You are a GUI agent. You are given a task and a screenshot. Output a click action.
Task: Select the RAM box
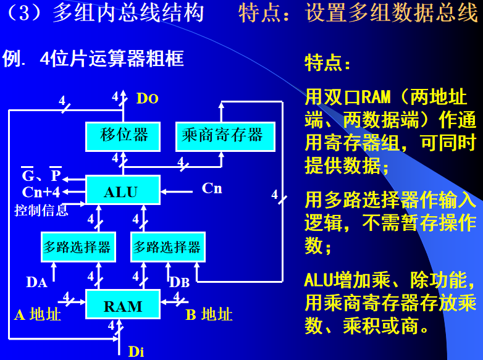[122, 305]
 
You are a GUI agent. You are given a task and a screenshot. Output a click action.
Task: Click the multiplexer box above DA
[78, 247]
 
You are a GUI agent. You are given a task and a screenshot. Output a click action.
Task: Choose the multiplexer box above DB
[168, 247]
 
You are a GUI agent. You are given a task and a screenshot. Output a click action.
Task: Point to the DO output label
[147, 99]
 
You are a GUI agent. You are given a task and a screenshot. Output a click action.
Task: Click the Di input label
[136, 352]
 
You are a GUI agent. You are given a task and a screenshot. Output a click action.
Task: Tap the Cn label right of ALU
[212, 188]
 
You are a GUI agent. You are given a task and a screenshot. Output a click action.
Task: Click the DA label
[37, 282]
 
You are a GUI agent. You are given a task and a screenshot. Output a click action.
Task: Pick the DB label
[179, 282]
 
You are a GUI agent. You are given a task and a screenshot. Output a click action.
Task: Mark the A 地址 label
[37, 314]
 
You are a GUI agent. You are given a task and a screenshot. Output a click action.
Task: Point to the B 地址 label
[209, 314]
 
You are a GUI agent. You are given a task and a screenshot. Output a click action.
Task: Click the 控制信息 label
[41, 211]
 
